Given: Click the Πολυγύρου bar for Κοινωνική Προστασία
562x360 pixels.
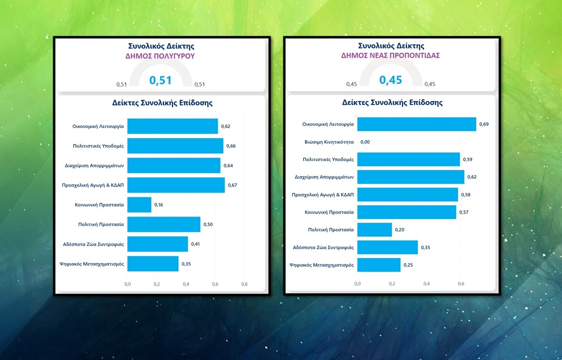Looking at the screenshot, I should tap(139, 205).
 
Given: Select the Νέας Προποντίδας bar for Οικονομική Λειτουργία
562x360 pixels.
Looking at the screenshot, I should tap(417, 124).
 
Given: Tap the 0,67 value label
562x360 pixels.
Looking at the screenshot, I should tap(233, 185).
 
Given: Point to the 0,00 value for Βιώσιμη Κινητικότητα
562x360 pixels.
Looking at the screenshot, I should tap(365, 142).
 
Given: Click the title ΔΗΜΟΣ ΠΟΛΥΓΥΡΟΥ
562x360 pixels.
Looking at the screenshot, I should tap(161, 56).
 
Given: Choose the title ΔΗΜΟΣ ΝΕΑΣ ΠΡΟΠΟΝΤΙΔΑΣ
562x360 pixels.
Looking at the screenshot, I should tap(391, 56).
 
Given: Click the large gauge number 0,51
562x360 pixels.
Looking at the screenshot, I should tap(161, 80).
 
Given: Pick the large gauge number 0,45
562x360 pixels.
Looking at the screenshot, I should tap(391, 80).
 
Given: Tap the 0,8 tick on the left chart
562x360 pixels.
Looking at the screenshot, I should tap(244, 284).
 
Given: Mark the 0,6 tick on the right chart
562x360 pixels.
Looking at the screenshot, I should tap(461, 284).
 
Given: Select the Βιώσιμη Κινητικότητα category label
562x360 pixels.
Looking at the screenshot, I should tap(329, 142).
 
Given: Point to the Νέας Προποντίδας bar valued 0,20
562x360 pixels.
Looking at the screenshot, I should tap(375, 230).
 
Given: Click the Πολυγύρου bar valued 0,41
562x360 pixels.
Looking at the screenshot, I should tap(158, 244).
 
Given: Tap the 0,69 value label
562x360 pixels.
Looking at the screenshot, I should tap(484, 124).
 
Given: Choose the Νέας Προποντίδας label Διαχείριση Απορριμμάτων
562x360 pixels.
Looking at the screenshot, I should tap(324, 177).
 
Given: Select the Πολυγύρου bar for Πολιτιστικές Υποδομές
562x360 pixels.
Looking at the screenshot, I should tap(175, 146).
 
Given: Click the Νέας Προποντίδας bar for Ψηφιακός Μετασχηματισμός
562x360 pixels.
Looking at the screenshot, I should tap(379, 265).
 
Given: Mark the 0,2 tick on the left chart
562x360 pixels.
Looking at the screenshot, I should tap(157, 284).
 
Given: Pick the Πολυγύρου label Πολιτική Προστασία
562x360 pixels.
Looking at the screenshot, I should tap(101, 224).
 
